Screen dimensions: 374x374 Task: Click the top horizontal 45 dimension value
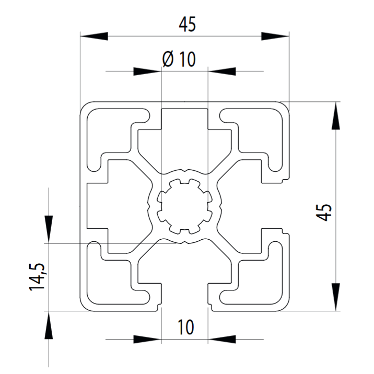188,25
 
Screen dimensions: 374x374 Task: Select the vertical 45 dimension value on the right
324,212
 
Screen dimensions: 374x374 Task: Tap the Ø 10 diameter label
179,59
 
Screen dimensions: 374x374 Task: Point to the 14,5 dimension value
37,277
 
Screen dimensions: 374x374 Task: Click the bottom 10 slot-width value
186,327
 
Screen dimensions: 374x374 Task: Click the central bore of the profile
184,206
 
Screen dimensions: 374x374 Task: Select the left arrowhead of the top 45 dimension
94,36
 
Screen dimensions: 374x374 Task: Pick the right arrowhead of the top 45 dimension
275,36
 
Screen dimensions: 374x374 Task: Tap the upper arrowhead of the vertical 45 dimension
336,115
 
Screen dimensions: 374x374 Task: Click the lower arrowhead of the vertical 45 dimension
336,297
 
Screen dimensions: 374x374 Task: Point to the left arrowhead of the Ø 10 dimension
147,72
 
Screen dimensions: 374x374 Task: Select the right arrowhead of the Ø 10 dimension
222,72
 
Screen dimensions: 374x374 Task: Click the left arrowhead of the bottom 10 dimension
147,339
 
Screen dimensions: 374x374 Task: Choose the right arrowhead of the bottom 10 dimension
222,339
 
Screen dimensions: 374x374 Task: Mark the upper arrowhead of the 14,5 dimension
49,229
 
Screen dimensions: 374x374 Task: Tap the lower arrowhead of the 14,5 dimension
49,325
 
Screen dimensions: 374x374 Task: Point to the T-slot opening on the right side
275,206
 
